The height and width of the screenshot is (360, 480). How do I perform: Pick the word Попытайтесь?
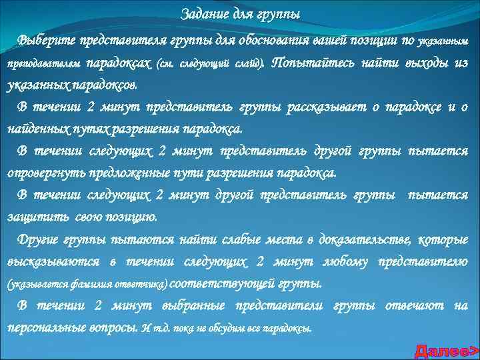tap(309, 63)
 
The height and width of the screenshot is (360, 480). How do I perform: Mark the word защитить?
tap(31, 217)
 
